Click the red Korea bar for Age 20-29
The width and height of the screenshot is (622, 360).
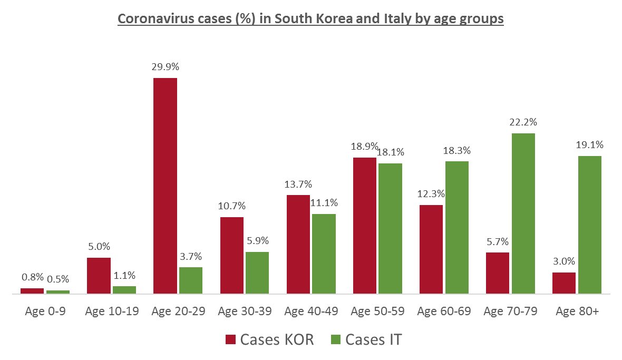[x=165, y=186]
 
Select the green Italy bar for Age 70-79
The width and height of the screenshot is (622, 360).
[x=523, y=213]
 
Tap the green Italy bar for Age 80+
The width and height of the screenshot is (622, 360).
[x=589, y=225]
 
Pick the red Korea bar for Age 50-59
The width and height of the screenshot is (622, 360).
[x=365, y=225]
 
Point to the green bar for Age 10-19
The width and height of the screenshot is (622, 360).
[x=124, y=289]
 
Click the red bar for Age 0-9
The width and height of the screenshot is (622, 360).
[x=32, y=290]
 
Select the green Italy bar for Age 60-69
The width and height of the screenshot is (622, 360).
[x=456, y=227]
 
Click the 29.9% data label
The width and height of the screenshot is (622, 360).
[x=165, y=67]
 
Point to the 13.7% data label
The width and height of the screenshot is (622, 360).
[x=298, y=184]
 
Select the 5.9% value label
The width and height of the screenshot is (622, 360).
[x=257, y=241]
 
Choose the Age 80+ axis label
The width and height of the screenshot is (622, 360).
[x=577, y=312]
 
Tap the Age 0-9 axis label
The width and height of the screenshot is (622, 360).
[x=45, y=312]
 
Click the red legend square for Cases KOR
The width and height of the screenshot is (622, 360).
[x=230, y=339]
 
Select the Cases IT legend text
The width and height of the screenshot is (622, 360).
[x=373, y=339]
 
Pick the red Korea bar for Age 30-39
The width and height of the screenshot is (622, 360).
[x=231, y=255]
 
